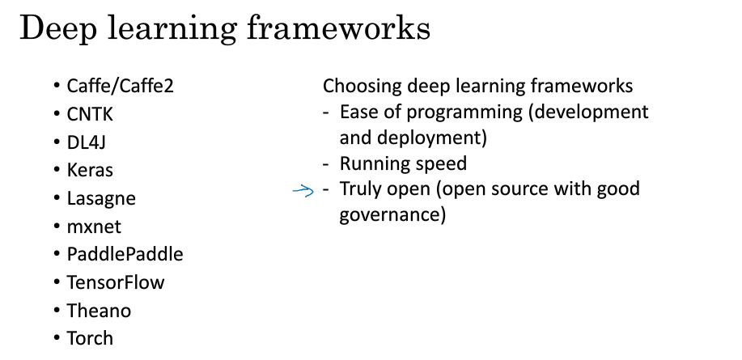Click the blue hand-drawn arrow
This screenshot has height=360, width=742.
pyautogui.click(x=303, y=191)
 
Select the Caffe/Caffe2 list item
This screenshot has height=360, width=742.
pyautogui.click(x=121, y=86)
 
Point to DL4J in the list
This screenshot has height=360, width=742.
pyautogui.click(x=86, y=142)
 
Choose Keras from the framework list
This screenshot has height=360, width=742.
pyautogui.click(x=90, y=170)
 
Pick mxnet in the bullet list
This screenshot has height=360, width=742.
pyautogui.click(x=94, y=227)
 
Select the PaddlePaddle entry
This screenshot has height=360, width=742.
pyautogui.click(x=125, y=254)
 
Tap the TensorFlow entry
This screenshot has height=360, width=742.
pyautogui.click(x=116, y=282)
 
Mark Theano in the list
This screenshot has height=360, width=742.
pyautogui.click(x=99, y=311)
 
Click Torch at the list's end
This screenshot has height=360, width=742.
pyautogui.click(x=90, y=338)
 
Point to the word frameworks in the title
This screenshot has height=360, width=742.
pyautogui.click(x=338, y=28)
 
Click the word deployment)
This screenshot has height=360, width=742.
pyautogui.click(x=432, y=138)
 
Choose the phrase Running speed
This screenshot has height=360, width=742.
pyautogui.click(x=403, y=163)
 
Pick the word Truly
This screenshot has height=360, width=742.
pyautogui.click(x=361, y=189)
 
